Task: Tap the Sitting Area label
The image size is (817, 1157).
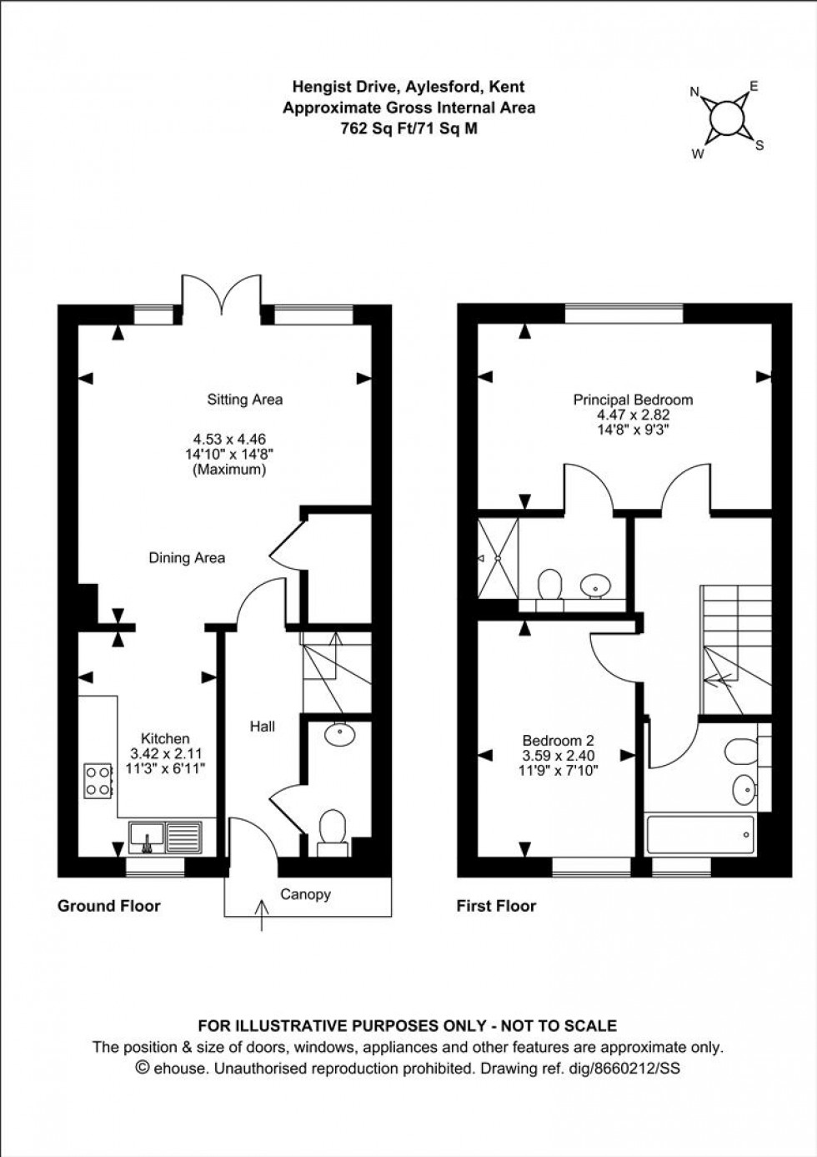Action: [244, 400]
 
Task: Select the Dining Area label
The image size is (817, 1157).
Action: [187, 558]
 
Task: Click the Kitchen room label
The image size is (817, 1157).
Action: [165, 738]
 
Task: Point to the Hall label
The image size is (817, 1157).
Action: [263, 727]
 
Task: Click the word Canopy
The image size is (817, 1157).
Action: [305, 894]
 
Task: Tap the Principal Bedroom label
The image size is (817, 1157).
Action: [633, 400]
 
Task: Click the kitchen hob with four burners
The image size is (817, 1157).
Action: [98, 779]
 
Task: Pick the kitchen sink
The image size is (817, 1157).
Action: [166, 836]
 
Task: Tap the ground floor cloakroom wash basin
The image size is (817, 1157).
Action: [339, 734]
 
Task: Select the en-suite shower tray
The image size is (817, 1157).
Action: [498, 558]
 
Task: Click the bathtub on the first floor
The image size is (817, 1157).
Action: [700, 835]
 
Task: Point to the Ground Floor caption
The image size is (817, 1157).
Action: [108, 906]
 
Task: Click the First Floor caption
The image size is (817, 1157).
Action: [496, 906]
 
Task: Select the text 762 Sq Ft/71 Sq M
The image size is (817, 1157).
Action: [408, 128]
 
